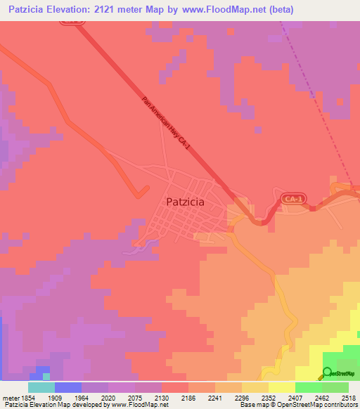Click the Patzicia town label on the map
(186, 202)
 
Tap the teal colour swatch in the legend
(41, 387)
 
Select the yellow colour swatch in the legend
(282, 387)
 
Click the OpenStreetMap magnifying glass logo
(327, 374)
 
